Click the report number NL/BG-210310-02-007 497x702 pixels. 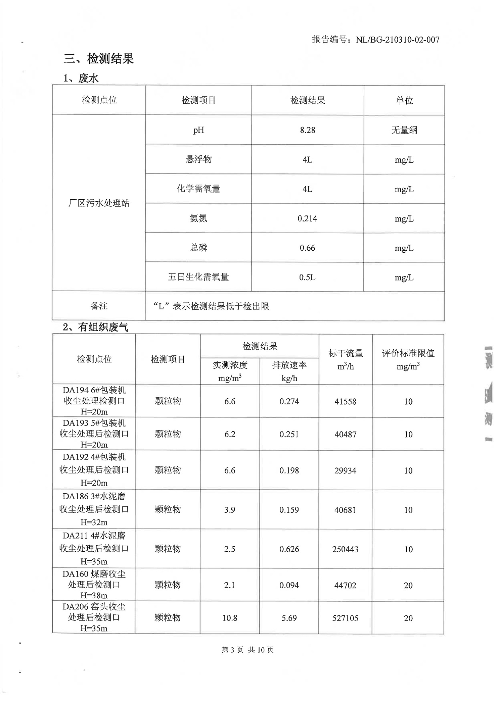click(x=375, y=40)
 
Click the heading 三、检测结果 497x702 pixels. click(x=99, y=59)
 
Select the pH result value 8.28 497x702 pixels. click(x=307, y=130)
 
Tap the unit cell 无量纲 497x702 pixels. click(x=404, y=130)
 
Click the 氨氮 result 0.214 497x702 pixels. click(x=307, y=219)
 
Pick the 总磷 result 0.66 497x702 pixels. click(x=307, y=248)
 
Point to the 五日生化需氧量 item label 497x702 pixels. click(x=198, y=277)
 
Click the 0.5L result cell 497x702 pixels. click(x=307, y=278)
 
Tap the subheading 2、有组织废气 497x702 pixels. click(x=95, y=327)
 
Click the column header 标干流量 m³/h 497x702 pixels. click(x=346, y=359)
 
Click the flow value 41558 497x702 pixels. click(x=346, y=402)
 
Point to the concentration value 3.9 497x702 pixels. click(x=230, y=510)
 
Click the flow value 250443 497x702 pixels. click(x=346, y=549)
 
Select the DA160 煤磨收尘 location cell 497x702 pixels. click(x=94, y=585)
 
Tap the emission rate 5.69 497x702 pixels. click(x=289, y=618)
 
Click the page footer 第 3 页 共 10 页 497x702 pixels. click(x=247, y=650)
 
